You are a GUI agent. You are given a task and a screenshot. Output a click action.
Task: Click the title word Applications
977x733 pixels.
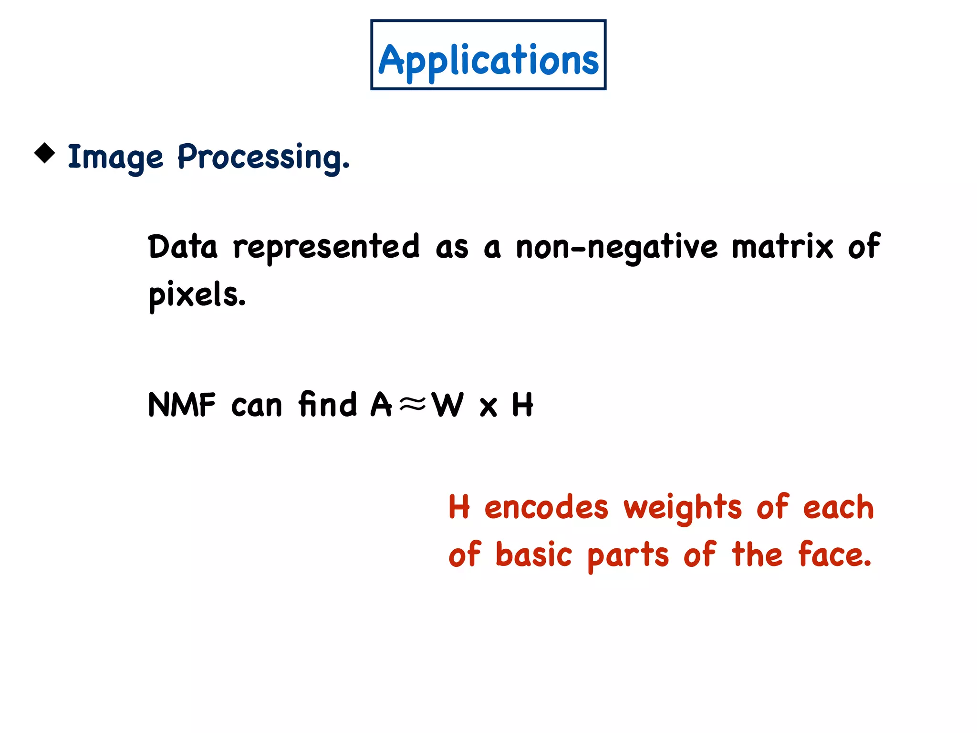click(x=488, y=60)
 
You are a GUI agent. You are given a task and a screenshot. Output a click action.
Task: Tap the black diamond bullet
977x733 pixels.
click(x=45, y=153)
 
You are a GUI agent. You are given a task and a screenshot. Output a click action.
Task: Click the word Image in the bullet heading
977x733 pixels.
click(x=115, y=157)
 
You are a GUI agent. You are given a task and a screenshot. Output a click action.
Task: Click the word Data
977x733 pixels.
click(x=182, y=247)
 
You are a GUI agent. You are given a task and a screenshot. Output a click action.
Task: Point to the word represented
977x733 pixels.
click(x=326, y=247)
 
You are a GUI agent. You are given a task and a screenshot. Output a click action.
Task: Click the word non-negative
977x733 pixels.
click(x=616, y=247)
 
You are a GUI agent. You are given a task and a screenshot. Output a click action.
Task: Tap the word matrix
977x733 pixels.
click(x=782, y=247)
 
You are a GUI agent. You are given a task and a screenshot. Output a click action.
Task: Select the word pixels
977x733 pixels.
click(x=197, y=295)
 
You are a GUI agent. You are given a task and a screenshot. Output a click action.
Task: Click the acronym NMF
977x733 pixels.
click(x=182, y=405)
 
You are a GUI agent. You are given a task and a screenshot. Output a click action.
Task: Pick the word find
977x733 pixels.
click(x=327, y=404)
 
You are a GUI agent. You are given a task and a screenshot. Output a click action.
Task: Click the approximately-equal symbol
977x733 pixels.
click(x=412, y=405)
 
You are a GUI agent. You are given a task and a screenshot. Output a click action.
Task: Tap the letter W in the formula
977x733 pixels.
click(x=447, y=405)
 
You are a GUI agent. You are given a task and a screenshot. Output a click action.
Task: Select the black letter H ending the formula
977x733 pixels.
click(x=522, y=405)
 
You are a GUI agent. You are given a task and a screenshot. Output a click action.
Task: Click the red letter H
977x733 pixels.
click(x=459, y=507)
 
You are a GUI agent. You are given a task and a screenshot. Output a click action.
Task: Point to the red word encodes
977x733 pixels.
click(x=546, y=507)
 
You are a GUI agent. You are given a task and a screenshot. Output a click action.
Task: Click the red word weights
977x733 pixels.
click(x=683, y=507)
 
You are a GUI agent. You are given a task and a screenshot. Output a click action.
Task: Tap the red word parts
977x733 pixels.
click(x=628, y=555)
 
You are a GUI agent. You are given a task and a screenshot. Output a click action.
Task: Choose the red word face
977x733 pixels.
click(x=834, y=555)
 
